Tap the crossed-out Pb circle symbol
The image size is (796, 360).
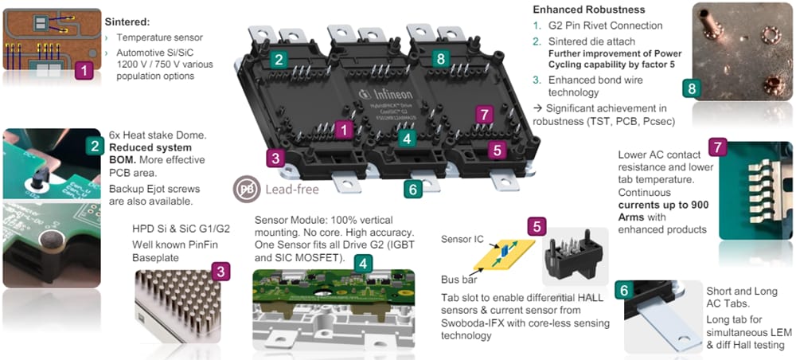point(246,190)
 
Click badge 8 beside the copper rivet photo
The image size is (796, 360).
point(691,88)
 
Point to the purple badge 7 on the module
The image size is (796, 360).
point(482,115)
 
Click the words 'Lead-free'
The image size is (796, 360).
point(291,190)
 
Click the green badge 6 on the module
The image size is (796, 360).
point(412,189)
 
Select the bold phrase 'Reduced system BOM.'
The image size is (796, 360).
point(150,154)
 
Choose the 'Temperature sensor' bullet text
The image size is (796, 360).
point(159,37)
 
